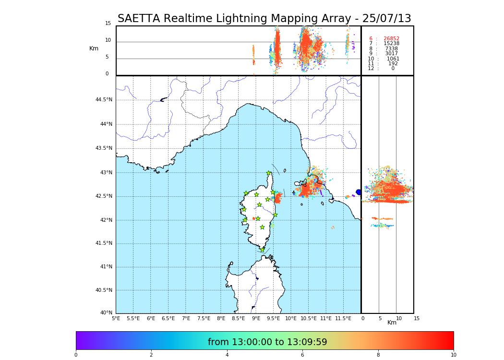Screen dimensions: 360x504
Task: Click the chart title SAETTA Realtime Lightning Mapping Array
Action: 264,19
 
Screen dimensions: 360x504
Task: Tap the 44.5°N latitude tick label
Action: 104,100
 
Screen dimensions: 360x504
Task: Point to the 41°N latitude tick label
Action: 106,267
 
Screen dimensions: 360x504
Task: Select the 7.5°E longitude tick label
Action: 204,318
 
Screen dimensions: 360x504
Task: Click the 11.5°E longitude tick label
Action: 343,318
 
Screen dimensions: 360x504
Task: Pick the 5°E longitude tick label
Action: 116,318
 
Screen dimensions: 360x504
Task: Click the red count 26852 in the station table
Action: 391,38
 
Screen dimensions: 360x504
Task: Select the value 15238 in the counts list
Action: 391,44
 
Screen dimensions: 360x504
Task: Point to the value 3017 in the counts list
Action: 391,54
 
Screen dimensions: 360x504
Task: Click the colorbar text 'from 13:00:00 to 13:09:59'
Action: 267,342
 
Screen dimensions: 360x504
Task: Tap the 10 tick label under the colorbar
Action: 453,355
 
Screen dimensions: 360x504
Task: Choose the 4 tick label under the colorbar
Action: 227,355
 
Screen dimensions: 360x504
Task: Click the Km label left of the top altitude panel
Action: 94,48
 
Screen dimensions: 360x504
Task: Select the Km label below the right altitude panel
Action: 392,323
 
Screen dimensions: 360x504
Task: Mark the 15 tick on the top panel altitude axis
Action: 108,24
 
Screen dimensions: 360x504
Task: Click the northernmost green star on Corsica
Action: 269,173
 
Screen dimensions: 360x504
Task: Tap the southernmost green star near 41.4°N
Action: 262,250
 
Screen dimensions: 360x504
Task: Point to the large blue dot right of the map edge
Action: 359,192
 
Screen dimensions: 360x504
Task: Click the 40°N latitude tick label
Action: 106,313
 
